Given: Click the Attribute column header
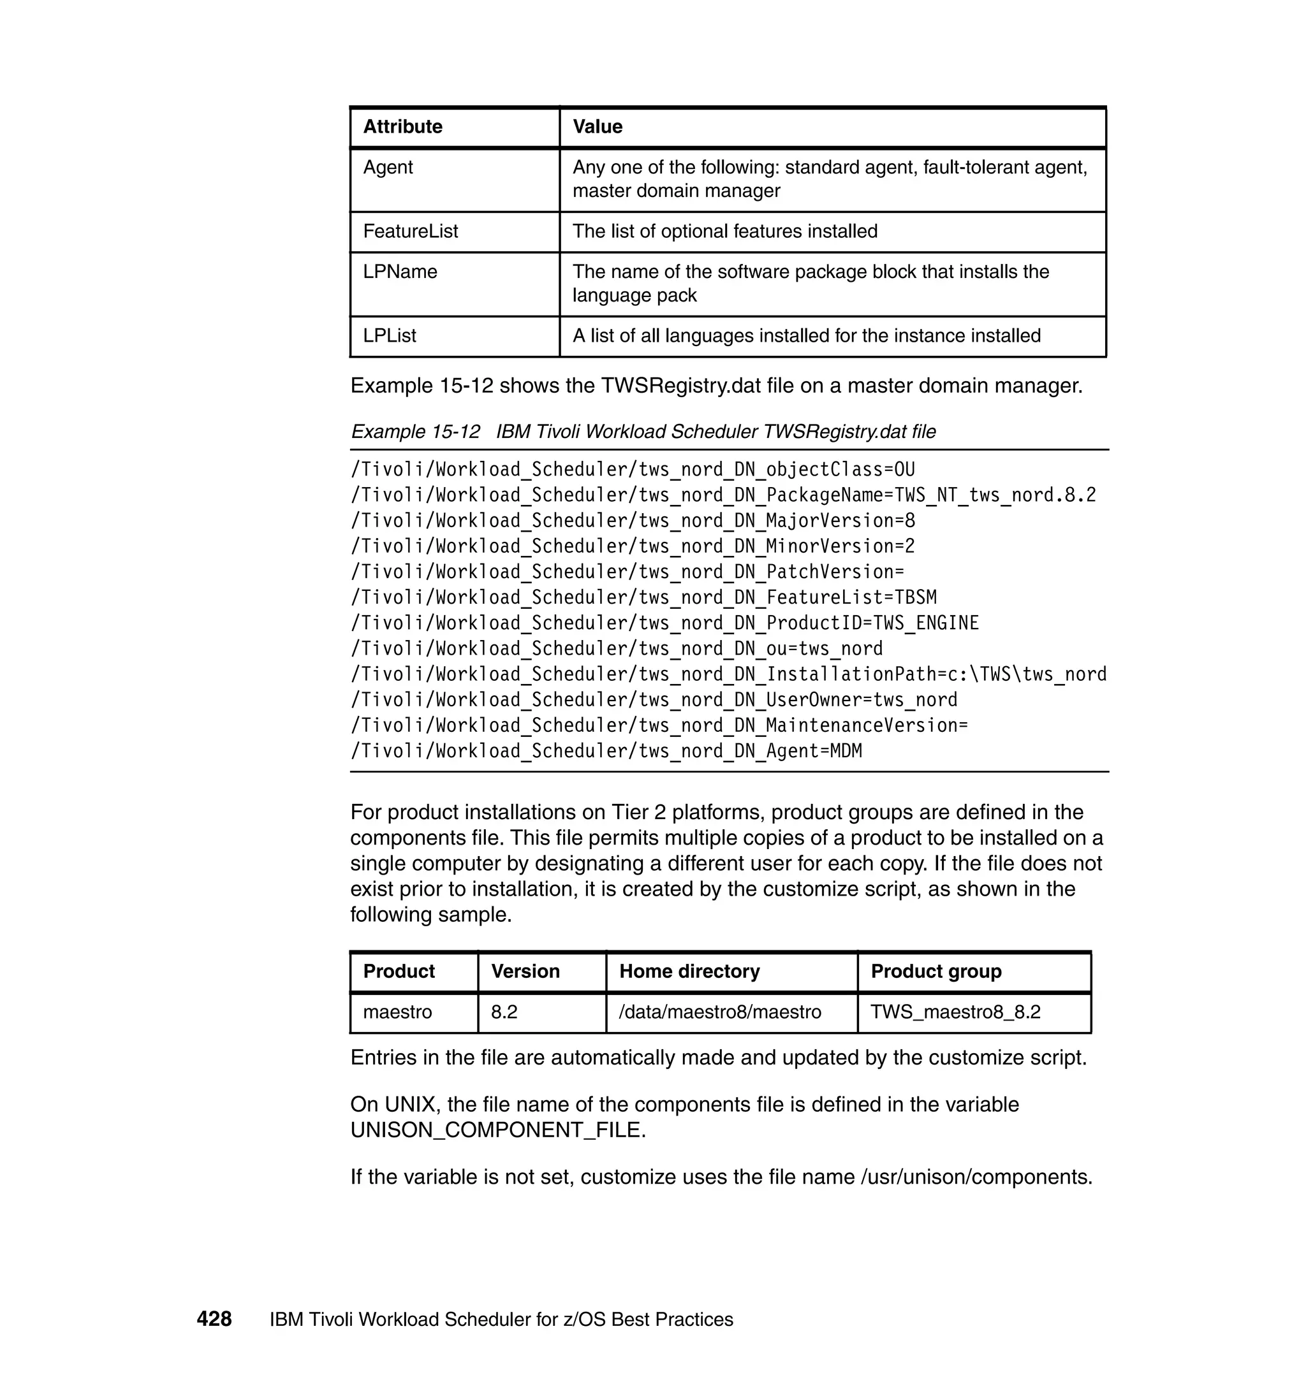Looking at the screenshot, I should [402, 127].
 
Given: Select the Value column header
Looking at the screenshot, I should [598, 127].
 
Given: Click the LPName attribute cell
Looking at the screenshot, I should [400, 272].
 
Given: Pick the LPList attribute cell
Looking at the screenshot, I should [389, 335].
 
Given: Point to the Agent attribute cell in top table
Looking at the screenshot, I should [388, 167].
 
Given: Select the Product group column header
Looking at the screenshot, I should [935, 971].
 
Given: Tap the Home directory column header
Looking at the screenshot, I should [689, 971].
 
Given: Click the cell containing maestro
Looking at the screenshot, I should [397, 1011].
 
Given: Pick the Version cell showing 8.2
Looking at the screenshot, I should [504, 1011].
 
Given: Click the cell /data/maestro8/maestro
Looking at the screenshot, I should [720, 1011].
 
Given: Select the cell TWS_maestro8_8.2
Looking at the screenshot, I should [955, 1011].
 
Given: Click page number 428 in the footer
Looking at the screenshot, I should [214, 1319].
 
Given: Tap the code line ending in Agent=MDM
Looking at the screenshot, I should [606, 751].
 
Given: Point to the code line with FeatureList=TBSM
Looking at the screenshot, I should [643, 597].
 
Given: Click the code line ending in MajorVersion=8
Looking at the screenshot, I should [632, 521].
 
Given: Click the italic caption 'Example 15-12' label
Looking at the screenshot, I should [415, 432].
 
